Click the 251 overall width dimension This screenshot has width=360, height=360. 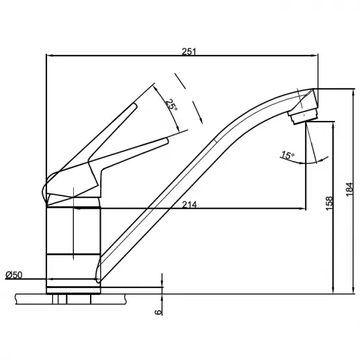[189, 52]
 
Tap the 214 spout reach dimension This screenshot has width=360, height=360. [189, 204]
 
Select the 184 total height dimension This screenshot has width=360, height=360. [349, 189]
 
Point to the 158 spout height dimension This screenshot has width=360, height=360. [329, 204]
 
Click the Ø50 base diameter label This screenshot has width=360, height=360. [14, 275]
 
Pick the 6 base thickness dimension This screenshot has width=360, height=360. [159, 312]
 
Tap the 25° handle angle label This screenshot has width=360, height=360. [172, 105]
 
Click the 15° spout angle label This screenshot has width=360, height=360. [288, 155]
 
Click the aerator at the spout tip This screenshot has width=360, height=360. [304, 116]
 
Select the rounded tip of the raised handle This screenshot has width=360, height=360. [135, 105]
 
